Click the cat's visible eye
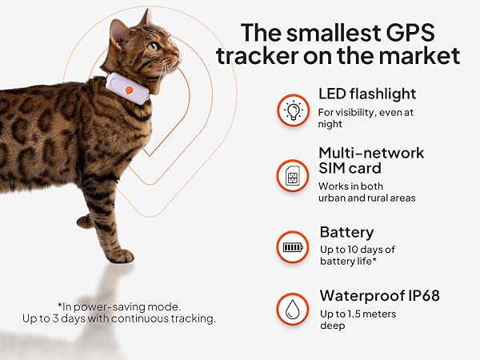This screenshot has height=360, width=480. click(153, 46)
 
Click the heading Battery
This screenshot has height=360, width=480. click(346, 232)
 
